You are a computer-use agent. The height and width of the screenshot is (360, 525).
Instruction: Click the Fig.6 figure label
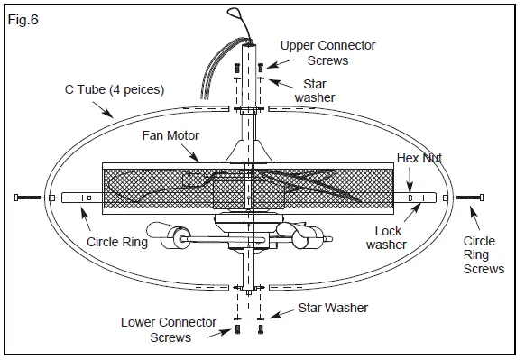(23, 17)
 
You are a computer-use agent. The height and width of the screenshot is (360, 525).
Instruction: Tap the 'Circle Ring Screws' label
(484, 255)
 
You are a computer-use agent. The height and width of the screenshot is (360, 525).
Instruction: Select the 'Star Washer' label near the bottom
(333, 309)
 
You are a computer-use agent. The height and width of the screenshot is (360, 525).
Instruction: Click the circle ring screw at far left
(30, 197)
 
